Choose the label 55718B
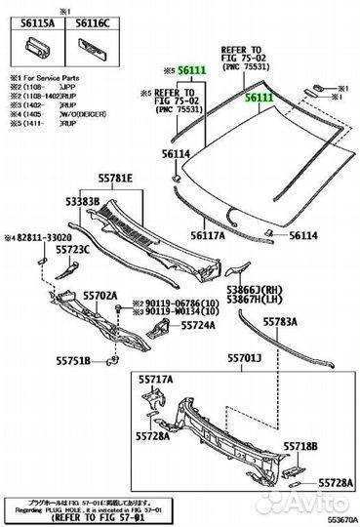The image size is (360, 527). pyautogui.click(x=300, y=445)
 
